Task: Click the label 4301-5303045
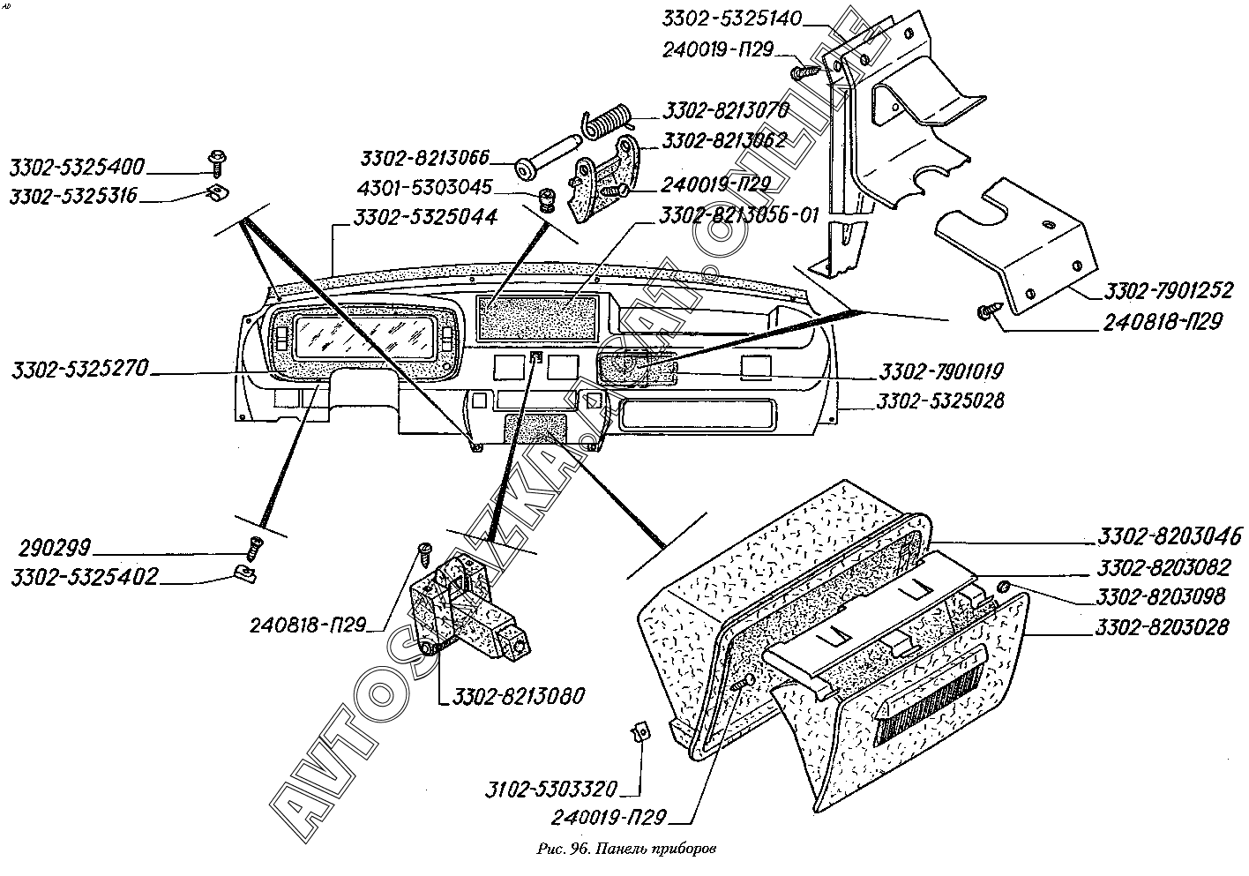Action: (427, 188)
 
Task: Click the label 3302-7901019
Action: (942, 372)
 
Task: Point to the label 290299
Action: (54, 549)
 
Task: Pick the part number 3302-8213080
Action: (560, 697)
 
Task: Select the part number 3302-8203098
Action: (1161, 597)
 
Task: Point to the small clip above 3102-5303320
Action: (642, 730)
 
